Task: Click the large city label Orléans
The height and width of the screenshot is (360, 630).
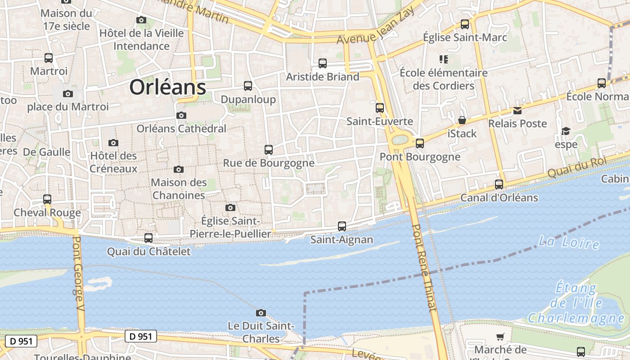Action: (x=168, y=87)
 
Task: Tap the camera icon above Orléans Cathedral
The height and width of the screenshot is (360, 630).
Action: (x=181, y=116)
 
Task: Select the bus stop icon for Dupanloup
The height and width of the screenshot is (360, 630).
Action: (x=248, y=86)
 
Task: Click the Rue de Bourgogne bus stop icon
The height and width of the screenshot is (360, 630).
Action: (x=269, y=150)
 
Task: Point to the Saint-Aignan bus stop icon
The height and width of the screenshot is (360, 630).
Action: (x=342, y=226)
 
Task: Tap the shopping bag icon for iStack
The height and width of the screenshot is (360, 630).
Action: (x=462, y=120)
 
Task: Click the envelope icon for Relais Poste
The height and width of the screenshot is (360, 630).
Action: (x=517, y=110)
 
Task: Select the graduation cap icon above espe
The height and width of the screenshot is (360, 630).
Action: (x=566, y=131)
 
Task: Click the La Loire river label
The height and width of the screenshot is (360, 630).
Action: (x=569, y=243)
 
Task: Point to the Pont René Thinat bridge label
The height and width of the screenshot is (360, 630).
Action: (x=424, y=268)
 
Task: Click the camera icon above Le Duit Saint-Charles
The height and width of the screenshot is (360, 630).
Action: (x=261, y=313)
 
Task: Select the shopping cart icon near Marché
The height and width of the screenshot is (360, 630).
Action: (x=500, y=337)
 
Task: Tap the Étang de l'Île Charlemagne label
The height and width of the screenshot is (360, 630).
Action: (x=576, y=303)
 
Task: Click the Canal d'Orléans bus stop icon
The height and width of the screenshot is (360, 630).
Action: (x=499, y=184)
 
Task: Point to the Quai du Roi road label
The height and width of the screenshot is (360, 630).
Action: (x=577, y=167)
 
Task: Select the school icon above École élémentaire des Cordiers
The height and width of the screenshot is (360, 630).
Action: (x=444, y=59)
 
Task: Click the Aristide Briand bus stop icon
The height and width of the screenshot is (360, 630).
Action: (x=323, y=63)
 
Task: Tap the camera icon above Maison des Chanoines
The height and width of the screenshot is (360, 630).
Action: (x=179, y=170)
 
